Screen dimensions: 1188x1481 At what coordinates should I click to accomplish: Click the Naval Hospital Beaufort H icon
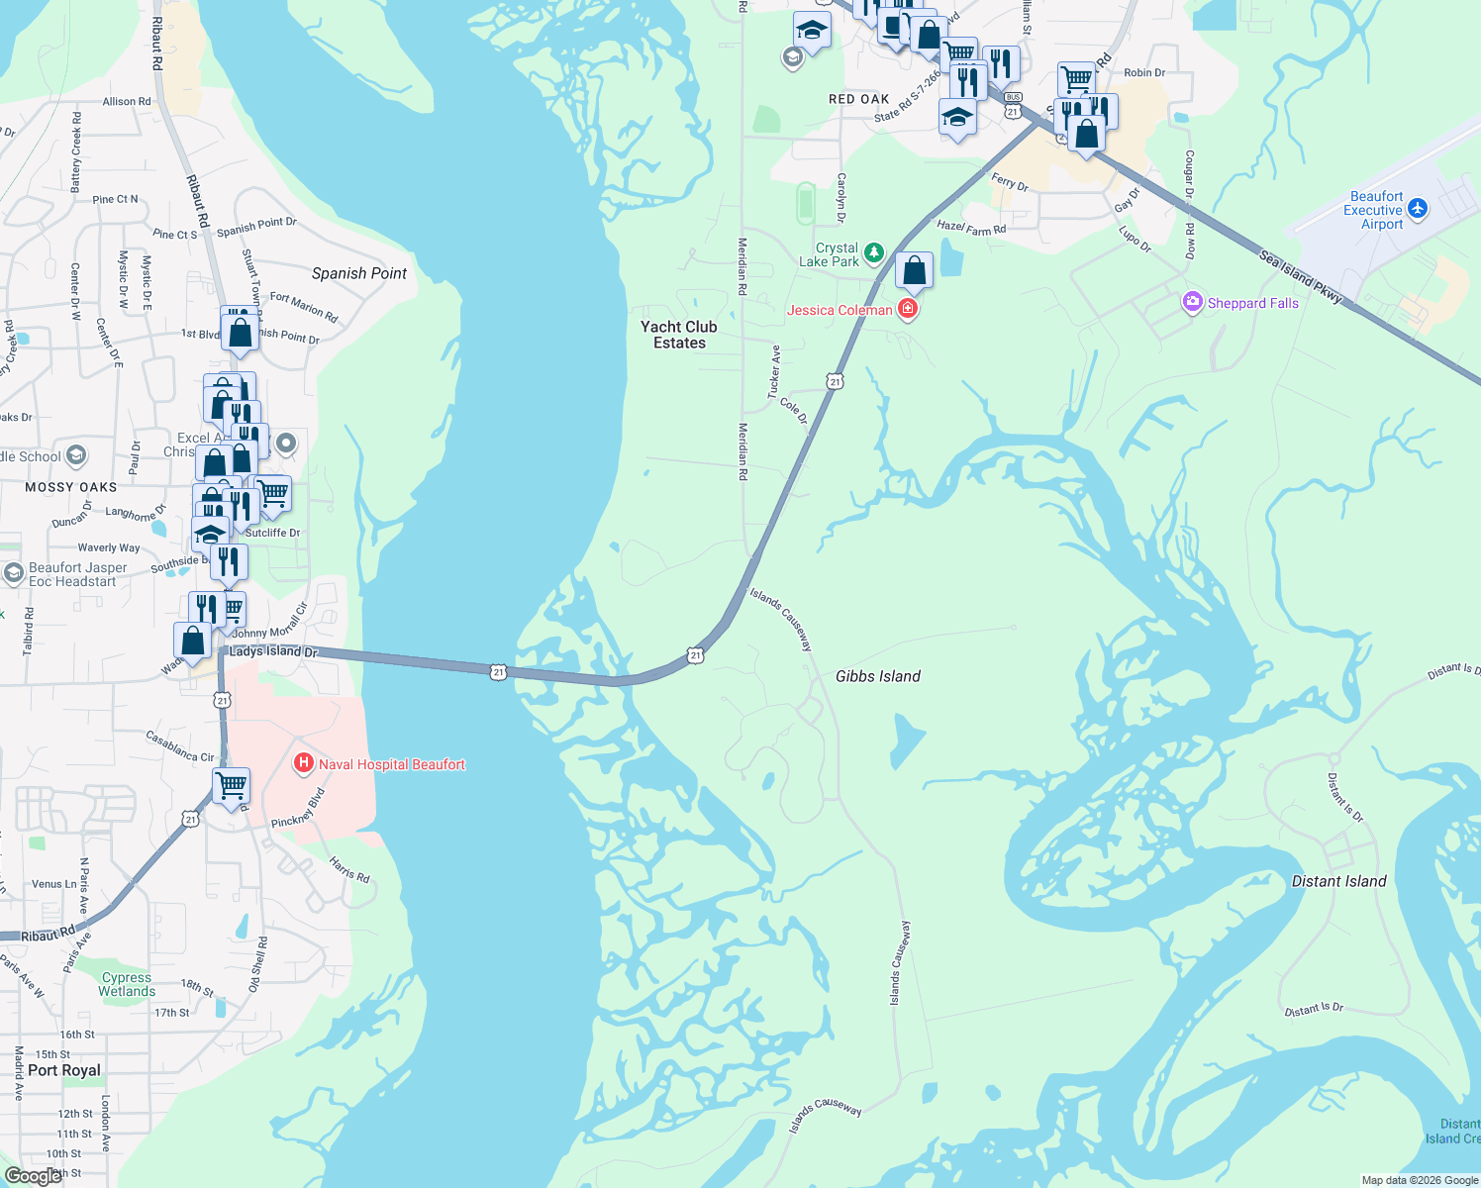tap(304, 763)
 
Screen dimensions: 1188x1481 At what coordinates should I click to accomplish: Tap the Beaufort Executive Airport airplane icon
tap(1418, 209)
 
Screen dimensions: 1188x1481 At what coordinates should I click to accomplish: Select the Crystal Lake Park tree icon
tap(874, 253)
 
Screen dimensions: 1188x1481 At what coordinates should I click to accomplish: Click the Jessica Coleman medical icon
tap(908, 310)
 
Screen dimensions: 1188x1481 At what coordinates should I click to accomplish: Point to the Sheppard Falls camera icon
tap(1193, 302)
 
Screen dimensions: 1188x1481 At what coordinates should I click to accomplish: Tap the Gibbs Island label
tap(878, 676)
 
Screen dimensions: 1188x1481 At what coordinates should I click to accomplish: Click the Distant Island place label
tap(1338, 881)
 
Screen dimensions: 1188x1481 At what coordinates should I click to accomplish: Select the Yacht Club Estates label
tap(679, 335)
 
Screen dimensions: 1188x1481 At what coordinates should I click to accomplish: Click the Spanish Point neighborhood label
tap(359, 273)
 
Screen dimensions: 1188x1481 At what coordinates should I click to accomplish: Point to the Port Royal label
tap(64, 1070)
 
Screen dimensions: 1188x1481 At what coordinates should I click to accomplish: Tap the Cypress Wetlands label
tap(127, 984)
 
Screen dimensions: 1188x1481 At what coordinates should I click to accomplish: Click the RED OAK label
tap(858, 99)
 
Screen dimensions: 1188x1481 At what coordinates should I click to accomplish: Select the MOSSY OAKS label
tap(71, 487)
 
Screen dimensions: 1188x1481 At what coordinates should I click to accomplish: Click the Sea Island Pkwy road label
tap(1301, 276)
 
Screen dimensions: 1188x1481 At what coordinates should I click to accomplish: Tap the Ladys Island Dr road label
tap(273, 651)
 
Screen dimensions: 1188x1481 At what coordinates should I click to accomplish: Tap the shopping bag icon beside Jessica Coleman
tap(914, 270)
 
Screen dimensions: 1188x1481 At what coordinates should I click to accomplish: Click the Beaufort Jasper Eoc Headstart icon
tap(14, 573)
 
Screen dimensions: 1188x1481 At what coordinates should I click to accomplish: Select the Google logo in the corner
tap(33, 1175)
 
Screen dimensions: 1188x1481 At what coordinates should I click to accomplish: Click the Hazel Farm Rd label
tap(971, 228)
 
